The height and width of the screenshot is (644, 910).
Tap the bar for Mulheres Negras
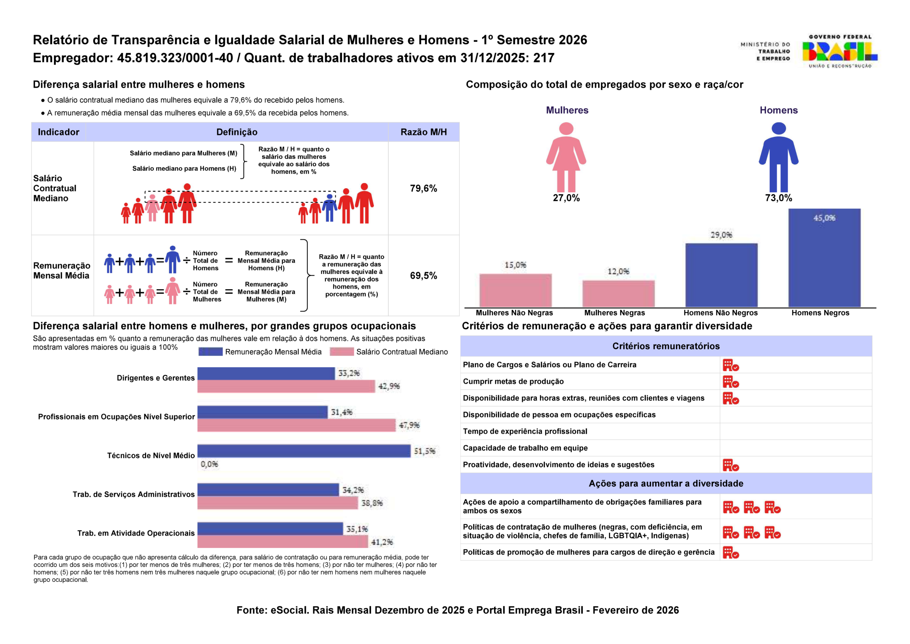pyautogui.click(x=618, y=293)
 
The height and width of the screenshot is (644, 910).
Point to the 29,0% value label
pyautogui.click(x=721, y=235)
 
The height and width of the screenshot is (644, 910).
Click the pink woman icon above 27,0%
pyautogui.click(x=566, y=157)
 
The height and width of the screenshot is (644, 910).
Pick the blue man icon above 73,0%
pyautogui.click(x=778, y=157)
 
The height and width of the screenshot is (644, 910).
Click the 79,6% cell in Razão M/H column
pyautogui.click(x=423, y=188)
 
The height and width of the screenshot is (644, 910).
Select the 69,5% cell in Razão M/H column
pyautogui.click(x=423, y=276)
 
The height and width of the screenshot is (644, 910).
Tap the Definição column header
pyautogui.click(x=237, y=132)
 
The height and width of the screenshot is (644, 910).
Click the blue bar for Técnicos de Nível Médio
pyautogui.click(x=304, y=451)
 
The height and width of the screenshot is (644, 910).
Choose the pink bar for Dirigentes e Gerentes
pyautogui.click(x=286, y=386)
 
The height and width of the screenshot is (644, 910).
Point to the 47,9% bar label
pyautogui.click(x=409, y=425)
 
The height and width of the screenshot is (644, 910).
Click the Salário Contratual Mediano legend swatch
pyautogui.click(x=341, y=352)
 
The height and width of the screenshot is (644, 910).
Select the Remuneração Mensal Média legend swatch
pyautogui.click(x=210, y=352)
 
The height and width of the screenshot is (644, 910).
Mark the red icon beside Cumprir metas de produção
pyautogui.click(x=730, y=382)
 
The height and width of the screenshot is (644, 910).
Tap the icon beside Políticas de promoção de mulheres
pyautogui.click(x=730, y=552)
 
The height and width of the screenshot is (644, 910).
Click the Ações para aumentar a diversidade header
pyautogui.click(x=666, y=483)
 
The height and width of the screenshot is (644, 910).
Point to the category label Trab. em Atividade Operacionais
pyautogui.click(x=136, y=533)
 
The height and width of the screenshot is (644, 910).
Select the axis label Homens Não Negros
pyautogui.click(x=720, y=313)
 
